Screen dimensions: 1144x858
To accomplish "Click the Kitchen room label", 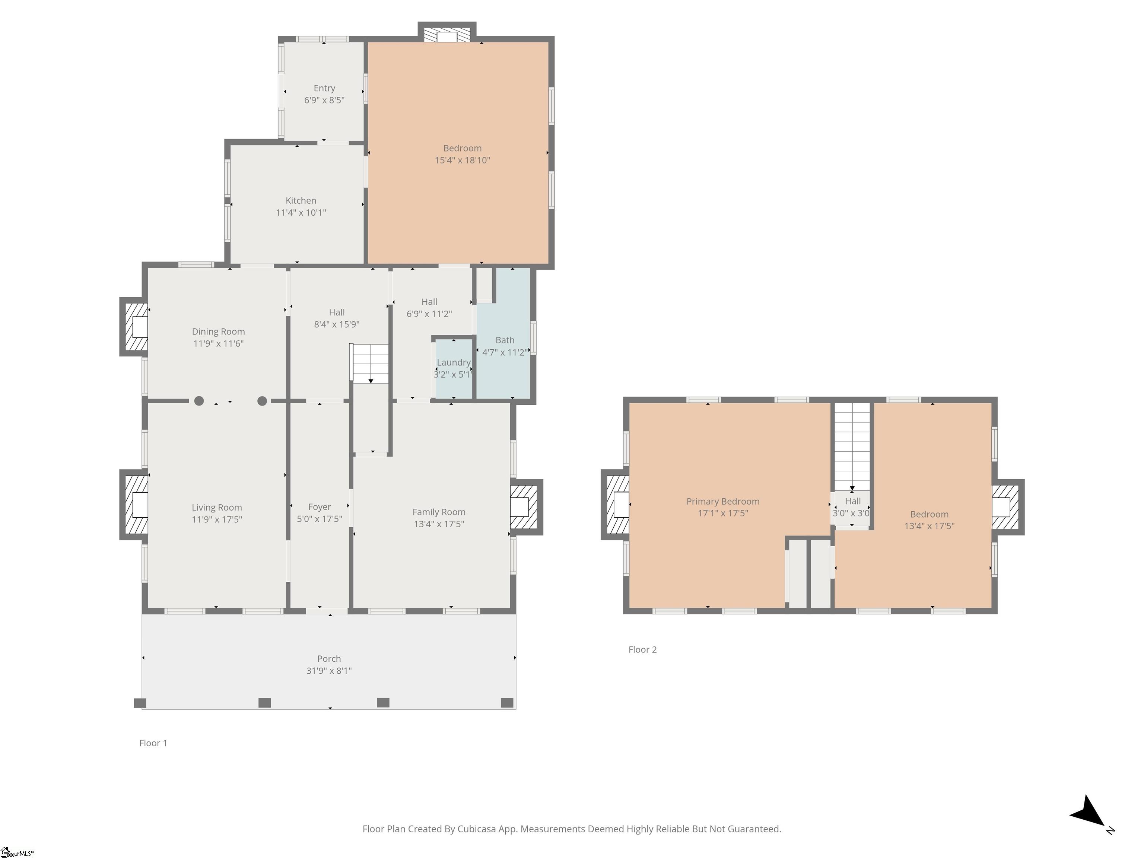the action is coord(301,201).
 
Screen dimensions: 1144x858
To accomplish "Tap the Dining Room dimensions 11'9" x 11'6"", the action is coord(218,343).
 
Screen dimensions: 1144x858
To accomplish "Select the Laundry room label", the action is coord(454,363).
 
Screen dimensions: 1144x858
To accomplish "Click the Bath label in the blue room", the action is coord(505,340).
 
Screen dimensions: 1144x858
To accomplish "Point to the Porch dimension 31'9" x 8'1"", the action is coord(329,671).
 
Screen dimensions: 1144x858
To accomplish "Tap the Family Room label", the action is coord(439,512).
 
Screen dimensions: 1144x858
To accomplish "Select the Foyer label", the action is coord(320,507).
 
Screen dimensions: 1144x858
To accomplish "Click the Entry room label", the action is coord(324,88).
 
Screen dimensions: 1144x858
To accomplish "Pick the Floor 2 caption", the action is coord(642,649).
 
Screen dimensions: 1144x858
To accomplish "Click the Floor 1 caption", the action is coord(153,743).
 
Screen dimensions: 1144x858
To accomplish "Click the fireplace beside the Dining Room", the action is coord(134,327).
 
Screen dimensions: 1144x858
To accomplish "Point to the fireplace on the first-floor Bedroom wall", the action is coord(447,32).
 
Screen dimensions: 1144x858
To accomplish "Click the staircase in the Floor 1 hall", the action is coord(369,363).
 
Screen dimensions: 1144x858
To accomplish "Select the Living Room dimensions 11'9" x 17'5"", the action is coord(217,519).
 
